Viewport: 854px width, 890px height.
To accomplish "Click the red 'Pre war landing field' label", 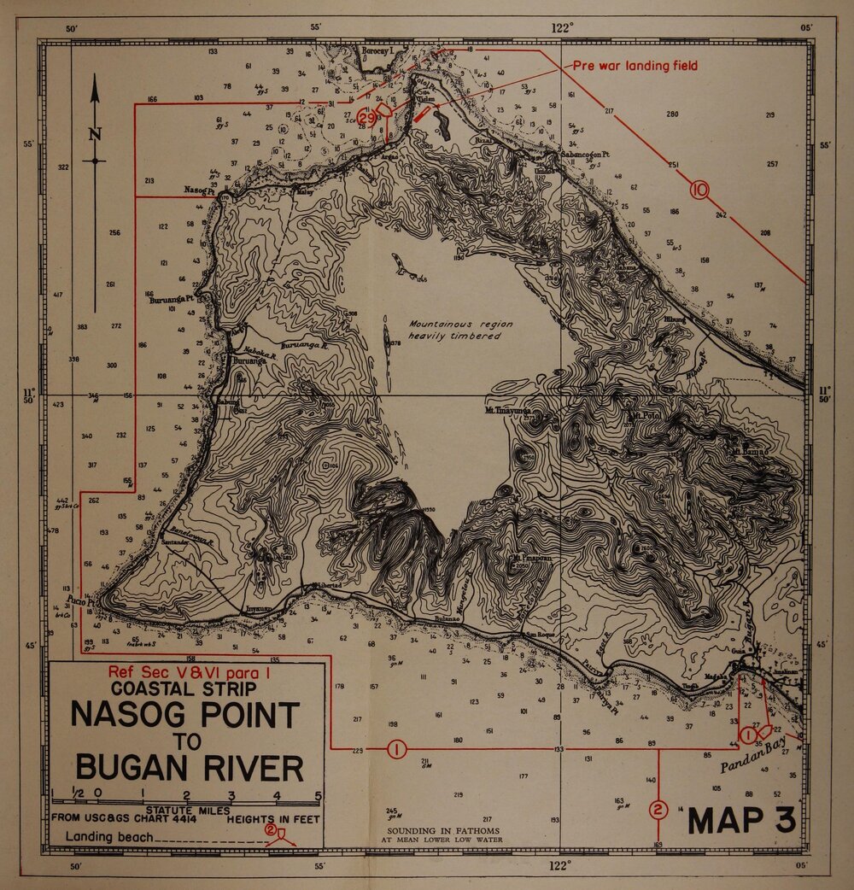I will [635, 66].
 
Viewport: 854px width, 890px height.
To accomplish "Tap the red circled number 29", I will [366, 118].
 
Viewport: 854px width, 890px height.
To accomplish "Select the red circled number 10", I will [700, 190].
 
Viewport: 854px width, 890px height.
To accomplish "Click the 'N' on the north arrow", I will [95, 133].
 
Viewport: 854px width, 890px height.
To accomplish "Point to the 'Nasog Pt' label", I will [201, 190].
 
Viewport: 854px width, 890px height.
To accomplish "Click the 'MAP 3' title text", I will [741, 820].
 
